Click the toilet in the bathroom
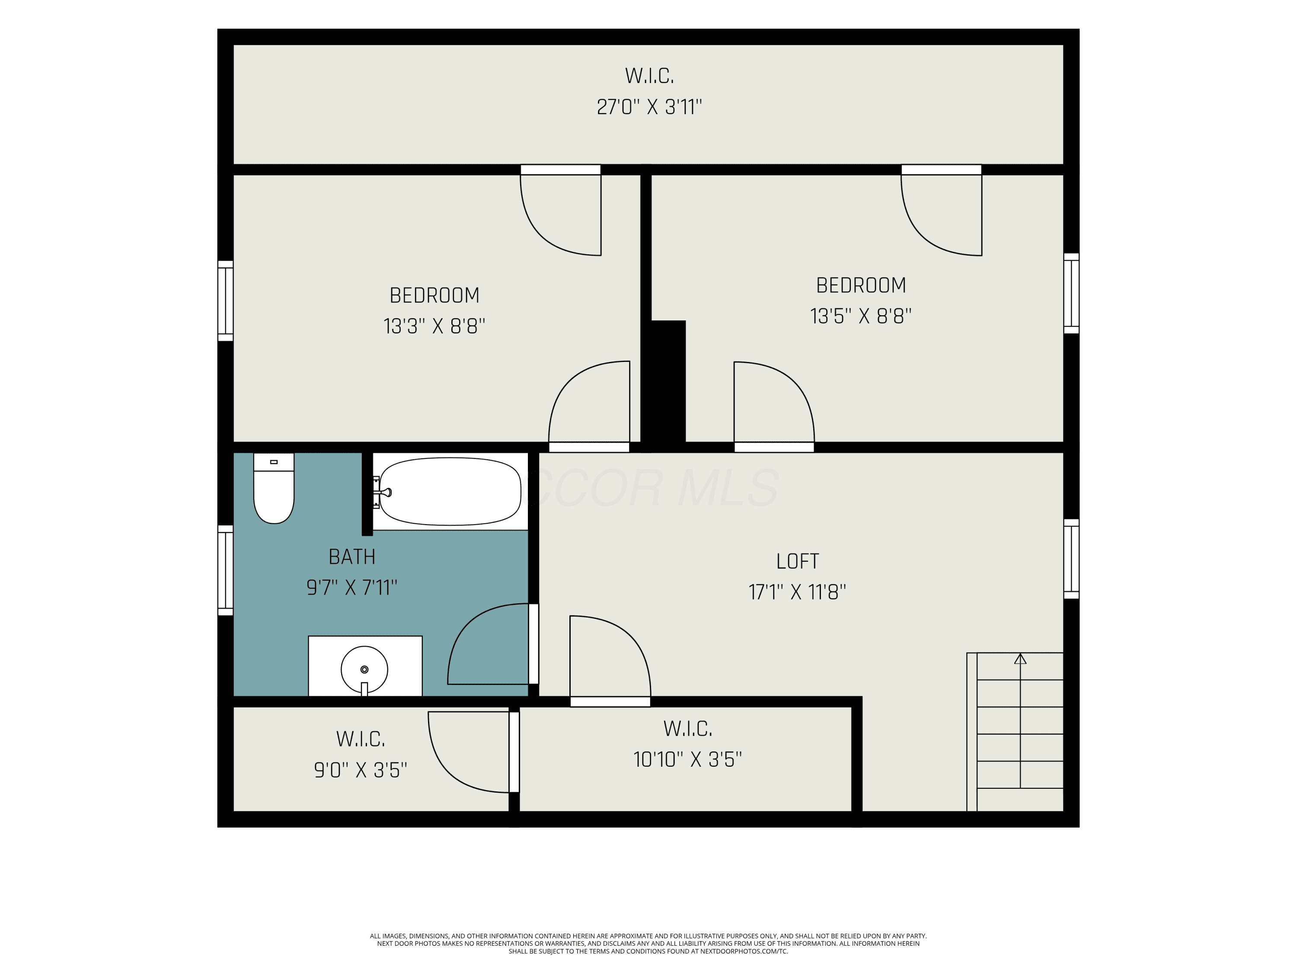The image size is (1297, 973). [x=274, y=488]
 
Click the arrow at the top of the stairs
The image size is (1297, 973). [x=1020, y=659]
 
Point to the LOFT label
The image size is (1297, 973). [x=797, y=561]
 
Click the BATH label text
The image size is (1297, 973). [x=352, y=557]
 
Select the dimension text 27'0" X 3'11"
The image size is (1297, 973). [x=649, y=107]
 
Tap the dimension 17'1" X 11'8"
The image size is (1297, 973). [x=797, y=592]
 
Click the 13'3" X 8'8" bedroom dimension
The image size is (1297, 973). [x=434, y=326]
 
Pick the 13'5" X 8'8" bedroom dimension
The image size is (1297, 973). [x=861, y=317]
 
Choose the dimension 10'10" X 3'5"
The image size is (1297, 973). [x=688, y=759]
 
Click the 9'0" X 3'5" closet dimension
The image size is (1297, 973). [x=361, y=770]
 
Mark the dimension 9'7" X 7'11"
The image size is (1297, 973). [x=352, y=588]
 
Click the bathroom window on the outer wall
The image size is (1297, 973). [x=226, y=570]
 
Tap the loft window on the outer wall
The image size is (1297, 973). [x=1071, y=559]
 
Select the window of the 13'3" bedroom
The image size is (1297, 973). [x=226, y=301]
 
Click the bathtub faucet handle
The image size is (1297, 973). [x=384, y=493]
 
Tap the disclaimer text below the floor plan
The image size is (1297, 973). [x=648, y=944]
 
